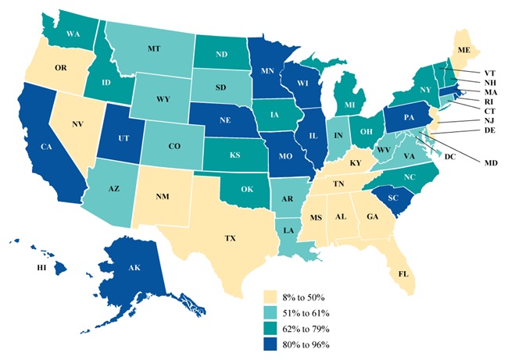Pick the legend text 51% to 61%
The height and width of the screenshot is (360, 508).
[310, 313]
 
